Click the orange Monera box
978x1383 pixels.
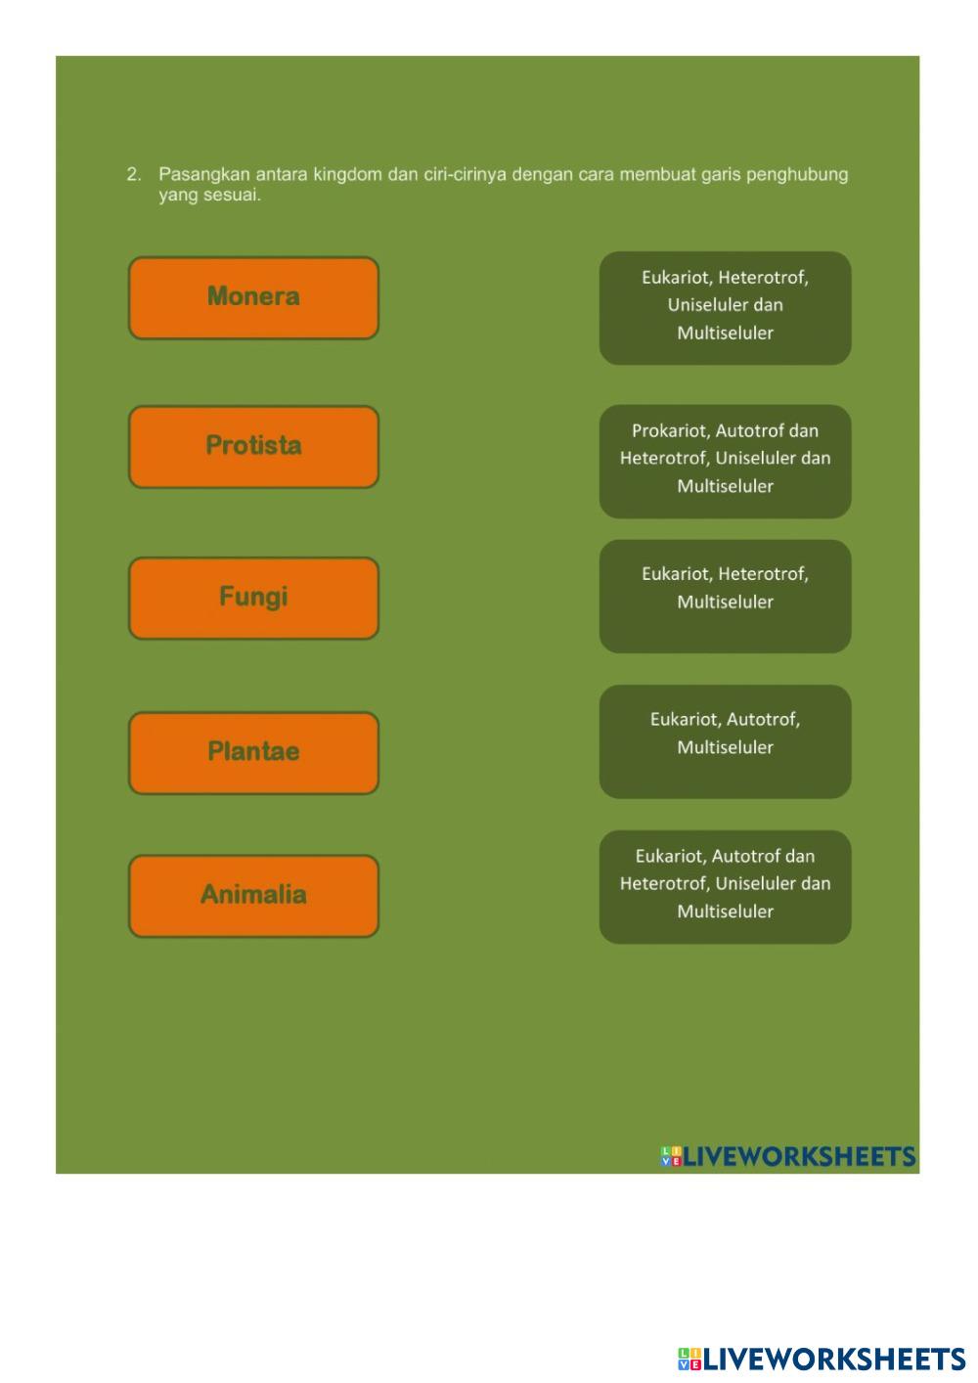pos(253,297)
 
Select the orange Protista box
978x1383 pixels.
pos(253,447)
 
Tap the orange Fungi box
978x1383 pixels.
pos(253,598)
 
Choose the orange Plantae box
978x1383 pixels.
pos(253,752)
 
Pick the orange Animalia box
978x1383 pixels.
pos(253,895)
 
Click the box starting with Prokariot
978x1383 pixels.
pos(725,460)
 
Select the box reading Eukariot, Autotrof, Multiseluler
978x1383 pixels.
pos(725,740)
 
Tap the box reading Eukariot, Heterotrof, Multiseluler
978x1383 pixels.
pos(725,595)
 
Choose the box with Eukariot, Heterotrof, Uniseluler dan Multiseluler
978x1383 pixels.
pos(725,307)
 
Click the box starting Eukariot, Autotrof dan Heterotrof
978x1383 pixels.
pos(725,886)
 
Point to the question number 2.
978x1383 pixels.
pos(134,175)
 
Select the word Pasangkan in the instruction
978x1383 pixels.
pos(203,175)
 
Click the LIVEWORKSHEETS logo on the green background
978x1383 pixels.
pos(788,1157)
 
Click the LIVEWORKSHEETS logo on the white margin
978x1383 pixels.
pos(822,1359)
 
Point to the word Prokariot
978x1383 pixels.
pos(671,431)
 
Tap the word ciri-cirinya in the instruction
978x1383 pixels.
pos(465,175)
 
